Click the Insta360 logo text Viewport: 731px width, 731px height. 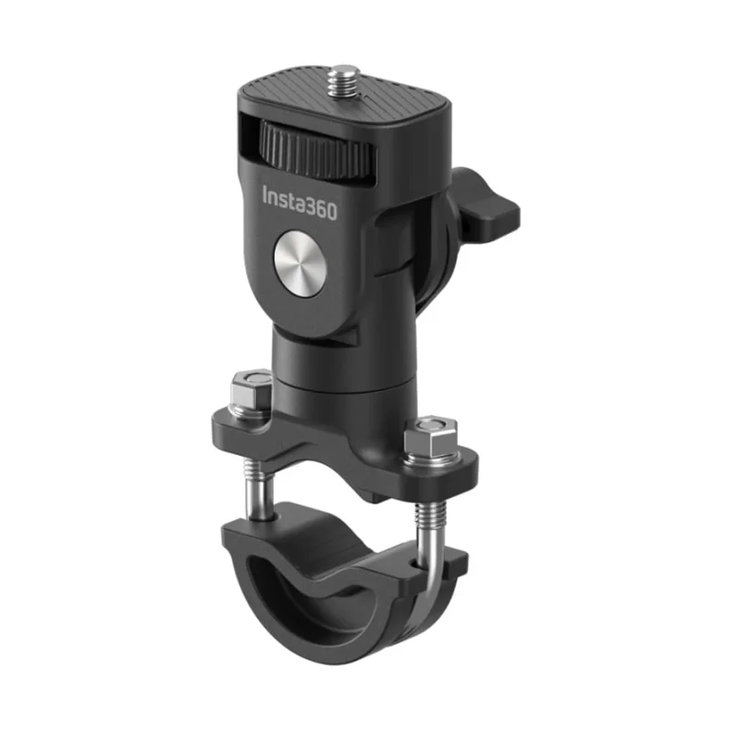coord(300,203)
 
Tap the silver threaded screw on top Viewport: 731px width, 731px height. coord(344,80)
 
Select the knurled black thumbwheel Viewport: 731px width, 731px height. coord(317,150)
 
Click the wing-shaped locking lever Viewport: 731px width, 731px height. coord(485,207)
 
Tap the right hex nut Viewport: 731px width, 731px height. coord(429,438)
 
